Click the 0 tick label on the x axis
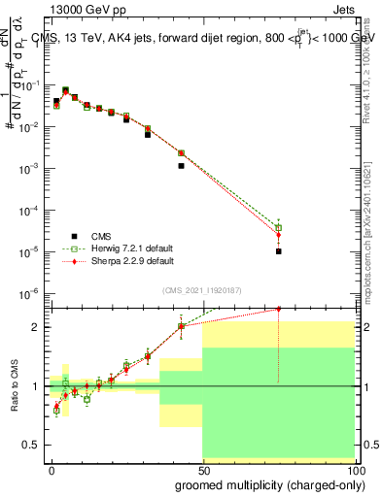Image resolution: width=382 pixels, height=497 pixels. (x=51, y=471)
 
